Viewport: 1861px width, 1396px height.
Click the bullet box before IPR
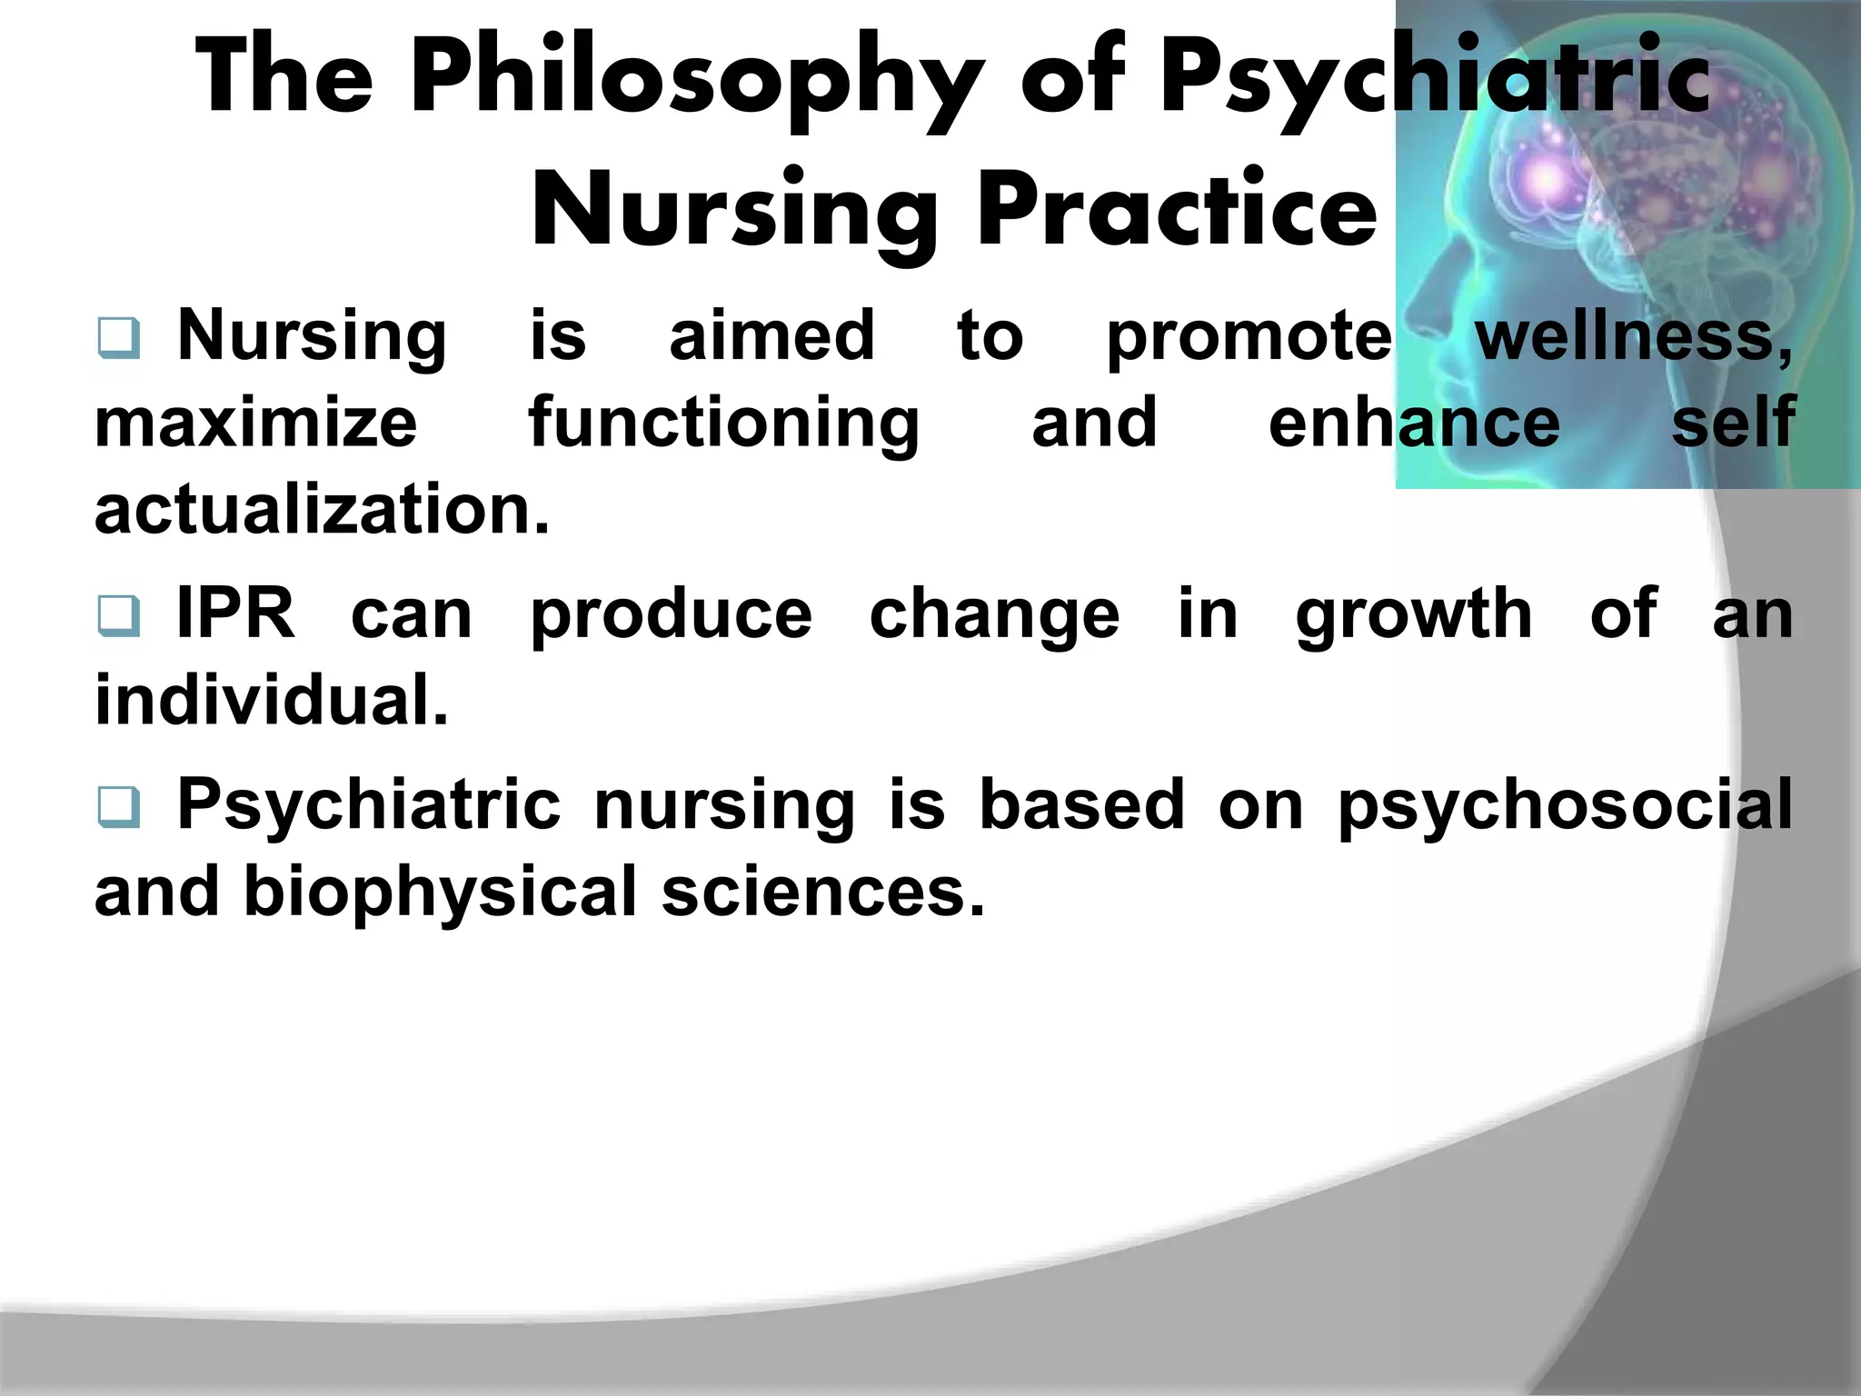pos(118,617)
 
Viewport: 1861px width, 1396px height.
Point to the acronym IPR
pos(235,614)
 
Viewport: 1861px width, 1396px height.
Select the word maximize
pos(256,424)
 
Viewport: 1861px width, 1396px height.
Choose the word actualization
pos(322,510)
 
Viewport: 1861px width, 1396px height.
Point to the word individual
pos(272,701)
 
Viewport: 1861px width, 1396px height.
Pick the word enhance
pos(1414,424)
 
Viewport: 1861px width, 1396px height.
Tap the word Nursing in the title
pos(734,211)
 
